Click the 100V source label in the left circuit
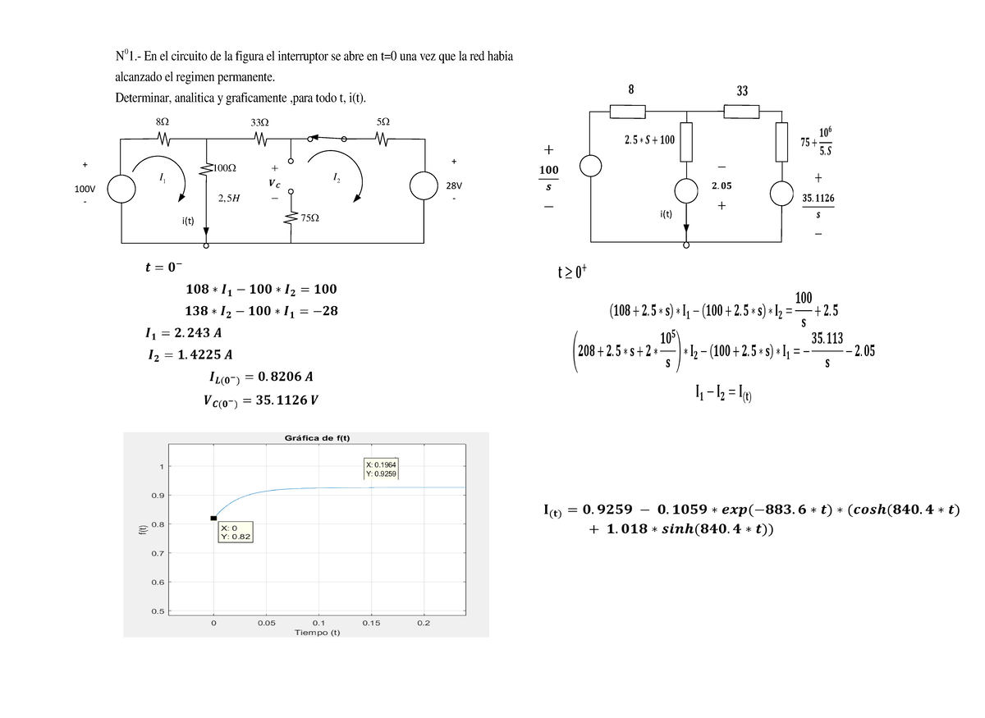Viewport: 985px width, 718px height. click(x=85, y=189)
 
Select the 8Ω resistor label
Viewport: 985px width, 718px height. click(x=162, y=121)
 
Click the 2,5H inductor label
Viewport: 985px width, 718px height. click(x=229, y=198)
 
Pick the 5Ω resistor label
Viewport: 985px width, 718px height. click(x=383, y=121)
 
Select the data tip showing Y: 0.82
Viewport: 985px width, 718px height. click(x=236, y=533)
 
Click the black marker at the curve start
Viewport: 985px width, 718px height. click(x=213, y=518)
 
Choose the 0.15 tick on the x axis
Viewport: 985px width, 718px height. click(x=370, y=623)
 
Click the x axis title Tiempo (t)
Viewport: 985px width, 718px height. click(x=317, y=633)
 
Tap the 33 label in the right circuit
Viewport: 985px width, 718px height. click(x=741, y=91)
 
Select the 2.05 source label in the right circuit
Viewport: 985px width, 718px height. click(x=721, y=187)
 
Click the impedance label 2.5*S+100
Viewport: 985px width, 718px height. click(x=648, y=139)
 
